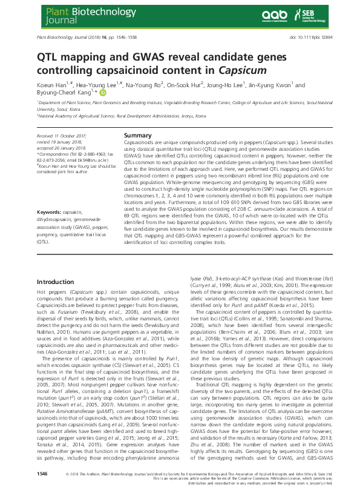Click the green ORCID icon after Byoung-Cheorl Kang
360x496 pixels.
(103, 93)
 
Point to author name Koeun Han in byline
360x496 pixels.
(54, 85)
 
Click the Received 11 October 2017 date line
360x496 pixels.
(62, 137)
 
